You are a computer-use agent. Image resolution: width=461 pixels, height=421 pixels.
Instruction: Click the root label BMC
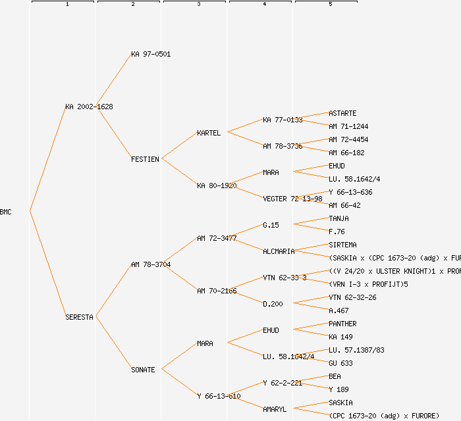6,212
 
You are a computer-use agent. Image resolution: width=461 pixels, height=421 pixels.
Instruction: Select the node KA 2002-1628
89,107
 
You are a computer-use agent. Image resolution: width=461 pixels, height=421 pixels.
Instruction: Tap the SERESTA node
79,317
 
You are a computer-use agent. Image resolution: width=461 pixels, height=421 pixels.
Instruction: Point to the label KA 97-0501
151,54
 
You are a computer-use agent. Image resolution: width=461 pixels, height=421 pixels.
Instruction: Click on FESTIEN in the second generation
145,159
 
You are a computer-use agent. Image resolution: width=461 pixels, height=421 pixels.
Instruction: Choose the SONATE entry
143,370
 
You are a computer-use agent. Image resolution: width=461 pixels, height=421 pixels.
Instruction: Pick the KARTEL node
209,133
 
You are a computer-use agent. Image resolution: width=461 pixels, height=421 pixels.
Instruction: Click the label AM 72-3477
217,238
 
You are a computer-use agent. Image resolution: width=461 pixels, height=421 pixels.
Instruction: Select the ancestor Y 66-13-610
219,396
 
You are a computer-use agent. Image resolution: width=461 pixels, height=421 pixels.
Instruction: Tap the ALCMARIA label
279,251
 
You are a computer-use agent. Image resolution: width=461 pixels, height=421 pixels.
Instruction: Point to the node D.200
273,304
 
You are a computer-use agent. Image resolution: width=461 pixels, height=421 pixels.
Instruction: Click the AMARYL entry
275,409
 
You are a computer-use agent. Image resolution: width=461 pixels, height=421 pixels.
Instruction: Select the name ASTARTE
342,113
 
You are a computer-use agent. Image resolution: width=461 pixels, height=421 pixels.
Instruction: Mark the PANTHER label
342,324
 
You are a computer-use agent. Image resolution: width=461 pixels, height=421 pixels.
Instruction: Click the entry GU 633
340,363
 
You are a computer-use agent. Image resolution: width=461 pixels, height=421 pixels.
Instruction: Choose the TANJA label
339,218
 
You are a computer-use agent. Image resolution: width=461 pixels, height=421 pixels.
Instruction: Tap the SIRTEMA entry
342,245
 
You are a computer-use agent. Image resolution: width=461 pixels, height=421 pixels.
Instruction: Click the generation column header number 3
198,5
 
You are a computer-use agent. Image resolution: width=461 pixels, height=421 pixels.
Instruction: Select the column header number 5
330,5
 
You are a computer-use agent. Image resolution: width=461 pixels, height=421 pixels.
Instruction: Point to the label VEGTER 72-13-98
292,199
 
